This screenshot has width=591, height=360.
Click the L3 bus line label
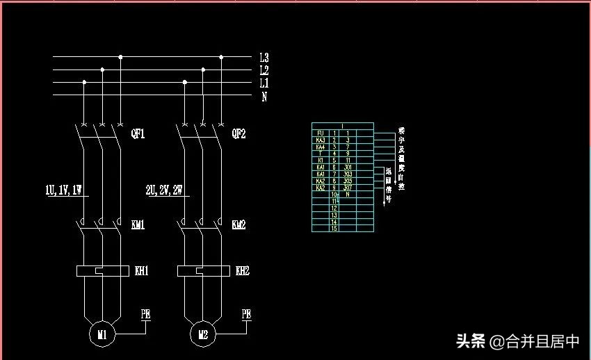pos(264,58)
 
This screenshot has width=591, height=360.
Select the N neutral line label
pos(264,97)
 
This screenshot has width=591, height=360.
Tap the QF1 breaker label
pos(138,133)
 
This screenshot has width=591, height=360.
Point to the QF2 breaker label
pos(238,133)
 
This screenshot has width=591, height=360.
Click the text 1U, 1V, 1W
pos(64,189)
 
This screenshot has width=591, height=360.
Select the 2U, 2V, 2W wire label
pos(164,189)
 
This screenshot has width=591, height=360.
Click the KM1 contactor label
pos(138,225)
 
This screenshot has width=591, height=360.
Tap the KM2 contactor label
pos(238,225)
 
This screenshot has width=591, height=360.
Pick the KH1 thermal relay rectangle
pos(103,271)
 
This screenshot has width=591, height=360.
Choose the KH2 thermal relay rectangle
pos(203,271)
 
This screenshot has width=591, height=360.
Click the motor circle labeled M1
pos(102,335)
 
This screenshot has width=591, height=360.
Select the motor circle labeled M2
pos(203,335)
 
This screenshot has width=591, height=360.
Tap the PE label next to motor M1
pos(146,314)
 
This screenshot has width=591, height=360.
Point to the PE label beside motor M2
pos(246,314)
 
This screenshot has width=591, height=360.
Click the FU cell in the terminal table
pos(321,133)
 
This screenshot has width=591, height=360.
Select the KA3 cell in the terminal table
pos(321,140)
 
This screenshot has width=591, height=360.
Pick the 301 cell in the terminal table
pos(348,167)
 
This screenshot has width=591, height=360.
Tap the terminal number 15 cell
pos(334,228)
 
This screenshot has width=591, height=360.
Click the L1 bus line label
pos(264,83)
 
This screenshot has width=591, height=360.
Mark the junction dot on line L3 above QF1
pos(120,57)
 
